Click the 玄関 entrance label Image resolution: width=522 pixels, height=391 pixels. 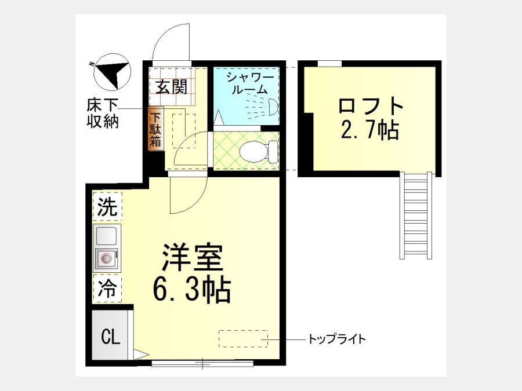click(172, 87)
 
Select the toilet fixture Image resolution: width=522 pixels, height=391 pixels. click(259, 152)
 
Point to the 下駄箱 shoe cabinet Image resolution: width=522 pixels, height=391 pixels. click(155, 129)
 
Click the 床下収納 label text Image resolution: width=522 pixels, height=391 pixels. click(103, 114)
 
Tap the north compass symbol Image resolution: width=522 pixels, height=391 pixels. click(112, 72)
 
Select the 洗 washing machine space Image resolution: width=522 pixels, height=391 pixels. click(107, 206)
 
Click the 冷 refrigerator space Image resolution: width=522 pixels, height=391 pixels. click(107, 288)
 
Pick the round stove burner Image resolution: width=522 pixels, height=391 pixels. click(106, 258)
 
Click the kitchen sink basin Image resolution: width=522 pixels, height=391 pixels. click(106, 235)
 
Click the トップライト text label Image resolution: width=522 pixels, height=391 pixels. click(337, 339)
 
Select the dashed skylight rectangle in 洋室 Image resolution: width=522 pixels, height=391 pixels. click(244, 338)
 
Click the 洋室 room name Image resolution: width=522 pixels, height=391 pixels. click(192, 257)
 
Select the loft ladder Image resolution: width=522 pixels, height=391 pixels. click(416, 215)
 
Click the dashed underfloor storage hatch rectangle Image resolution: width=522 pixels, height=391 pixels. click(184, 131)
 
